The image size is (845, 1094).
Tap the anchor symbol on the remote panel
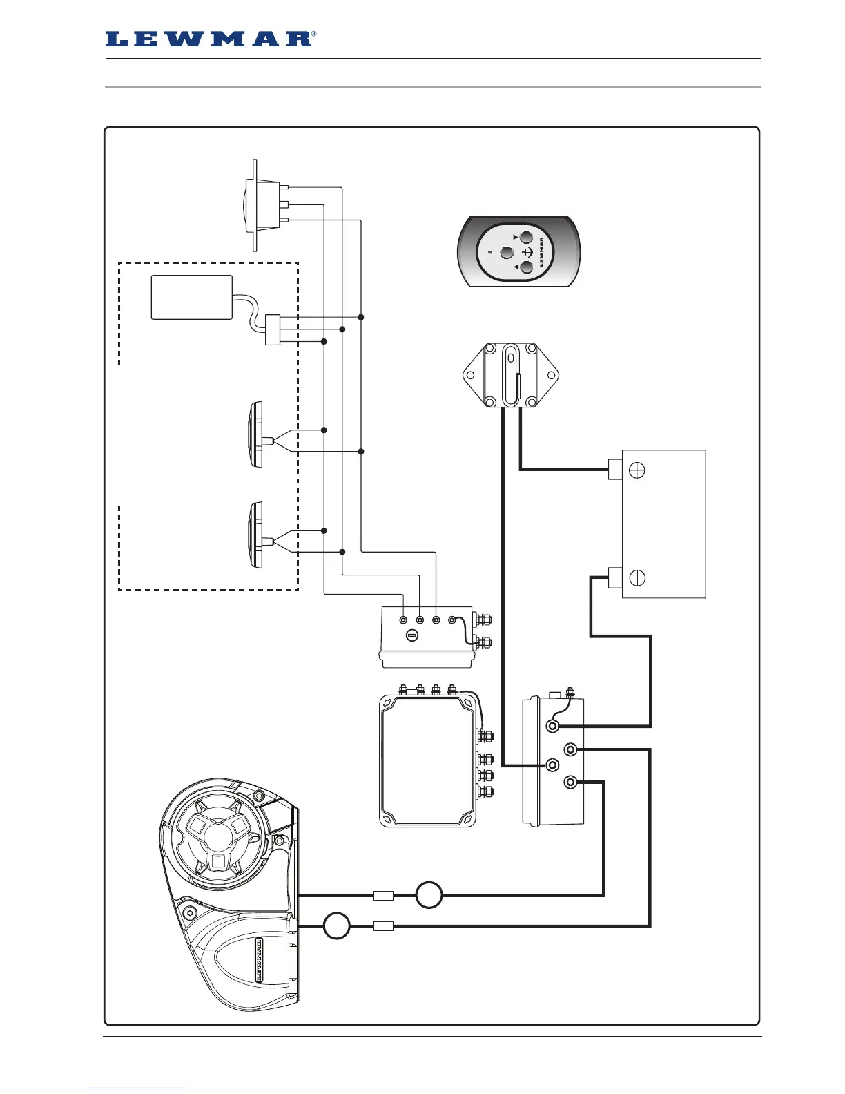(x=528, y=252)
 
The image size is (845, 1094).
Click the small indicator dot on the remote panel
(x=489, y=252)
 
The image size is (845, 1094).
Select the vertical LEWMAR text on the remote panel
(x=542, y=252)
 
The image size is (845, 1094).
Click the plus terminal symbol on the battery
(x=637, y=470)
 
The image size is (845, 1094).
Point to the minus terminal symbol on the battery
(x=637, y=577)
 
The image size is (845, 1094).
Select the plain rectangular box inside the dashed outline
(x=191, y=297)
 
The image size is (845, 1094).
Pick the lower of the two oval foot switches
(x=256, y=535)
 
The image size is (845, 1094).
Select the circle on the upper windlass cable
(x=429, y=895)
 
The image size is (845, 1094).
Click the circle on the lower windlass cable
(x=336, y=925)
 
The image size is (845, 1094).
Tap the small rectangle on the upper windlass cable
(x=383, y=896)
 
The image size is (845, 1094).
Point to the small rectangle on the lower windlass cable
(x=383, y=926)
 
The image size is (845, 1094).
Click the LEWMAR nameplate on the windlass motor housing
(x=259, y=960)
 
